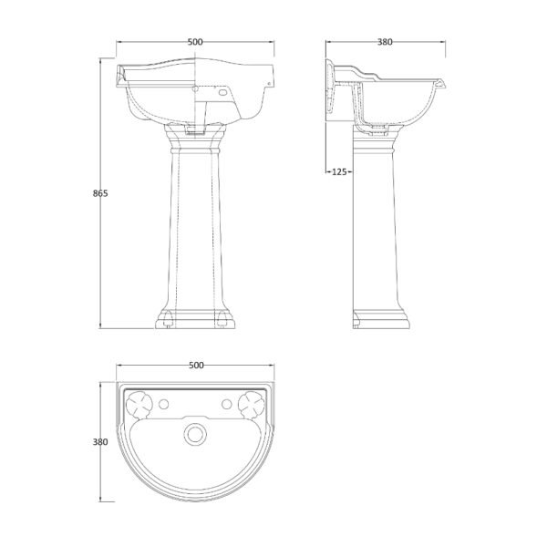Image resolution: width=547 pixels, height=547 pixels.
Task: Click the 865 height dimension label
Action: [100, 193]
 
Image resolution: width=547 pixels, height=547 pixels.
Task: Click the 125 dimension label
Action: [339, 171]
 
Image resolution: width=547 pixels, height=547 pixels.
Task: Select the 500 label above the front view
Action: [195, 42]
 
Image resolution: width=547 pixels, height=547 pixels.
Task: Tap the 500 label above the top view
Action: [196, 366]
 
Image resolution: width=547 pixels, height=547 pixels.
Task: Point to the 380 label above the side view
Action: [385, 42]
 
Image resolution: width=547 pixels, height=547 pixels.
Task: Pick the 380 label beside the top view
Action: [100, 442]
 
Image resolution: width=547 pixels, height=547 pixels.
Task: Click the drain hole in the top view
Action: [195, 434]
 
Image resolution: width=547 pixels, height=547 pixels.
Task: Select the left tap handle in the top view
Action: [139, 405]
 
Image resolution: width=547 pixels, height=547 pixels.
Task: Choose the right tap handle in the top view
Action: [252, 405]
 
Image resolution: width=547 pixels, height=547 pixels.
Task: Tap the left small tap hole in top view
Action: [163, 404]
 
